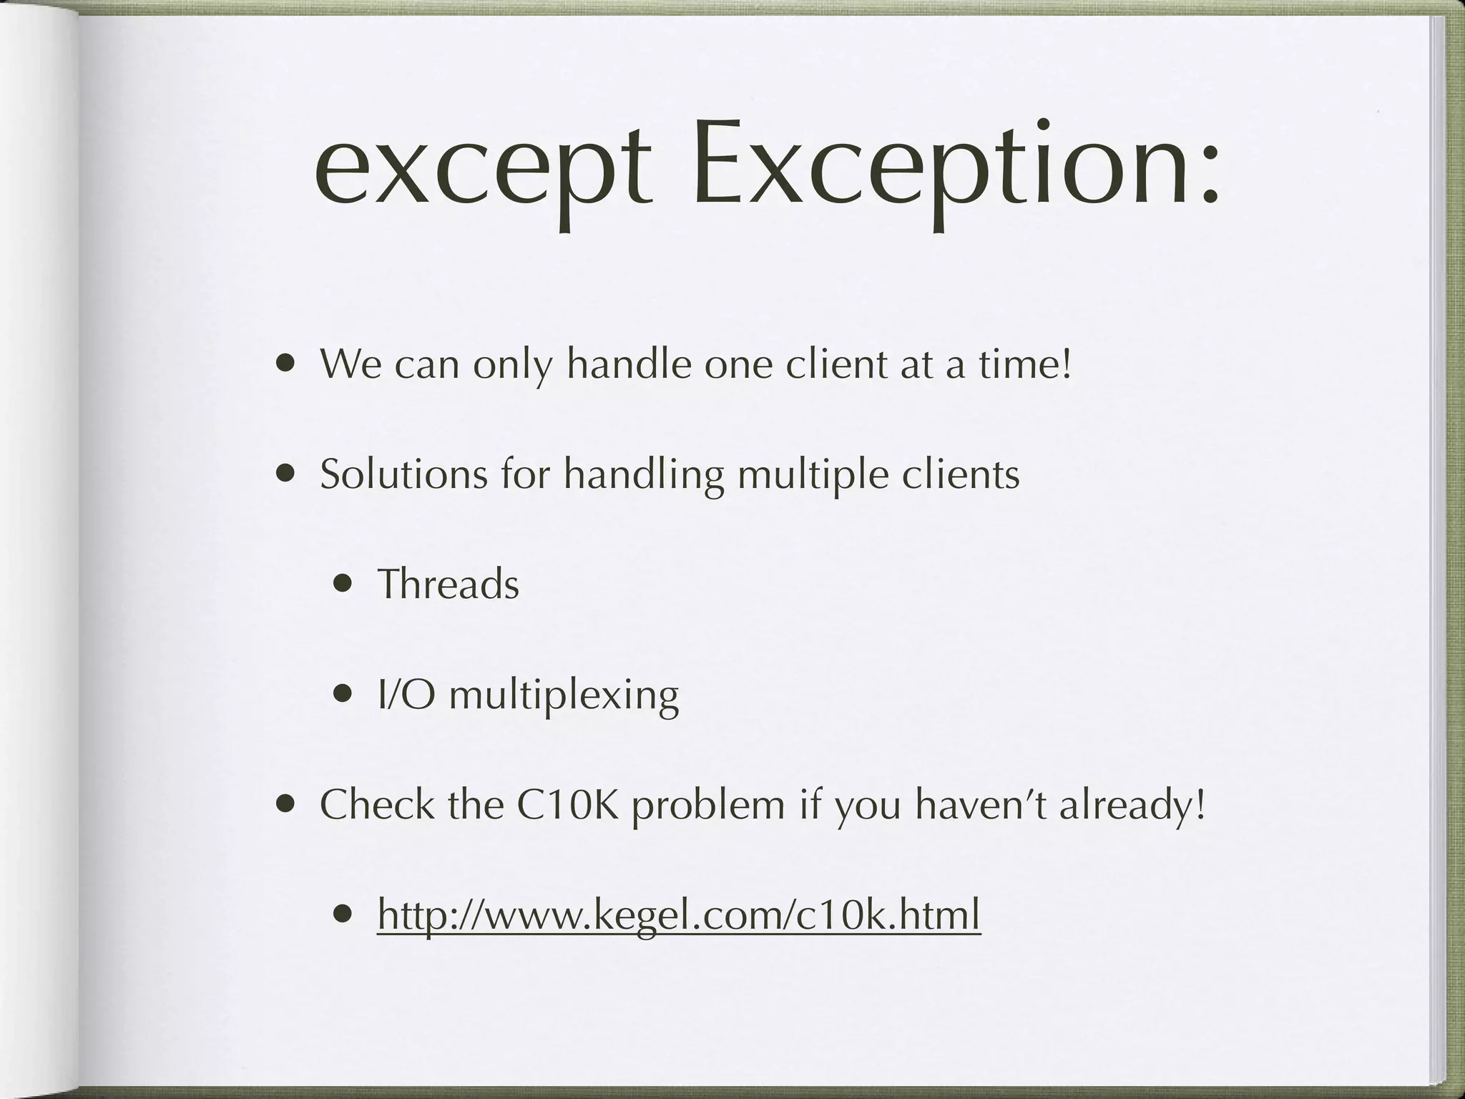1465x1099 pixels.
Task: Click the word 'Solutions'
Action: tap(403, 474)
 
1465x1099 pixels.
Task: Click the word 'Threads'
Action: tap(448, 584)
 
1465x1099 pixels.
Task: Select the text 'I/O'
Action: tap(406, 694)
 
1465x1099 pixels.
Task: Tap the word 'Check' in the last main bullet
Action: tap(376, 804)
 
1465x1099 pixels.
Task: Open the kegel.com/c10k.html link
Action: tap(678, 915)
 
